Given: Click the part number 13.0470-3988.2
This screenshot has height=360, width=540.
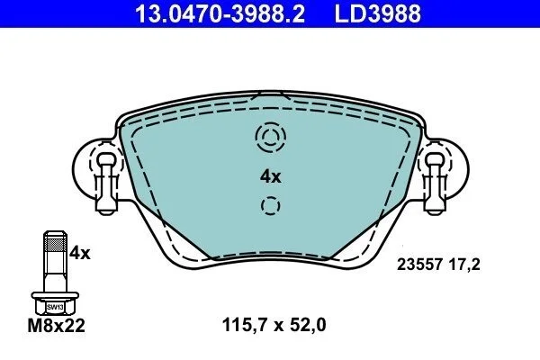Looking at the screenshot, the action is click(220, 13).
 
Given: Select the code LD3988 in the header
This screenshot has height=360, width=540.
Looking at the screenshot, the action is click(378, 13).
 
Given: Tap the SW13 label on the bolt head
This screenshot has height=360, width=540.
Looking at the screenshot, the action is click(55, 307).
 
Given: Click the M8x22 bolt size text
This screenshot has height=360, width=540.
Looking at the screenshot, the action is click(56, 326).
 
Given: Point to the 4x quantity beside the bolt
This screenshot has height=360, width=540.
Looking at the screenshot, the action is click(79, 254).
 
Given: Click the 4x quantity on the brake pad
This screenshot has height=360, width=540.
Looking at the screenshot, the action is click(270, 177).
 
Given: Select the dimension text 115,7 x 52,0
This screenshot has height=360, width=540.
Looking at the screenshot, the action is click(274, 325).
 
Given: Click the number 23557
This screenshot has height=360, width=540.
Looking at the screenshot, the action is click(419, 265).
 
